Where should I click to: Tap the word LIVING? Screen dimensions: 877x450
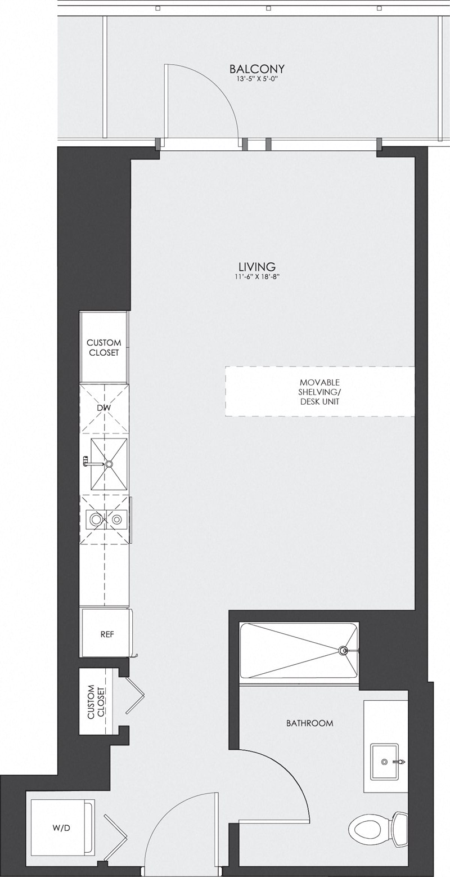click(256, 266)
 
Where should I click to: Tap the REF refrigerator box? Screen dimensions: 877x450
click(107, 634)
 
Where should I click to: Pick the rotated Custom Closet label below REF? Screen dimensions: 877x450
click(97, 701)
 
